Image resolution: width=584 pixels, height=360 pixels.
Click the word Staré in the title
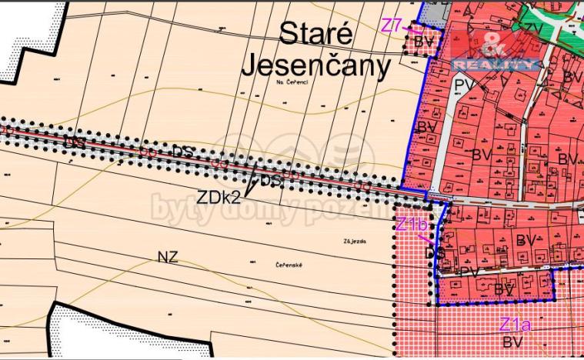pos(315,34)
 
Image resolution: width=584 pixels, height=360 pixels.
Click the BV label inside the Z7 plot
pos(424,42)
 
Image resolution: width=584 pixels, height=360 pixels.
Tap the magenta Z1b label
pos(412,225)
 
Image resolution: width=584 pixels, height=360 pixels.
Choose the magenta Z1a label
pos(514,324)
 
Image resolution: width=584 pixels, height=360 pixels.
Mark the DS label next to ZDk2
pos(271,181)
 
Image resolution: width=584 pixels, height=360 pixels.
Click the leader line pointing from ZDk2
pos(251,182)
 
